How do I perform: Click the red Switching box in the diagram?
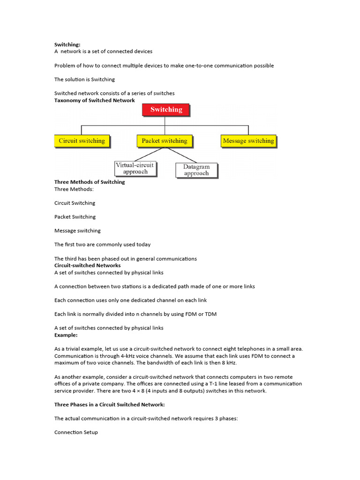[x=166, y=110]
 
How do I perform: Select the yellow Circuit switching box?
[x=82, y=141]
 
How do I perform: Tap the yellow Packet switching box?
[x=164, y=141]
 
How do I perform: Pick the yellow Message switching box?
[x=248, y=141]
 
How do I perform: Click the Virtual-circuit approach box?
[x=135, y=168]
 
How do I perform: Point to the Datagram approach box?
[x=196, y=170]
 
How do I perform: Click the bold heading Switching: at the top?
[x=67, y=45]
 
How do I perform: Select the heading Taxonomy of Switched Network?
[x=95, y=100]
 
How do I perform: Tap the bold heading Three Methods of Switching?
[x=90, y=182]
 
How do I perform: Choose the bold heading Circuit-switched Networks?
[x=88, y=265]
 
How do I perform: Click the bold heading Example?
[x=66, y=335]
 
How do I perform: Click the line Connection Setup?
[x=76, y=432]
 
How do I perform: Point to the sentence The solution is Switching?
[x=84, y=79]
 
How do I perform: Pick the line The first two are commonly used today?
[x=102, y=244]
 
